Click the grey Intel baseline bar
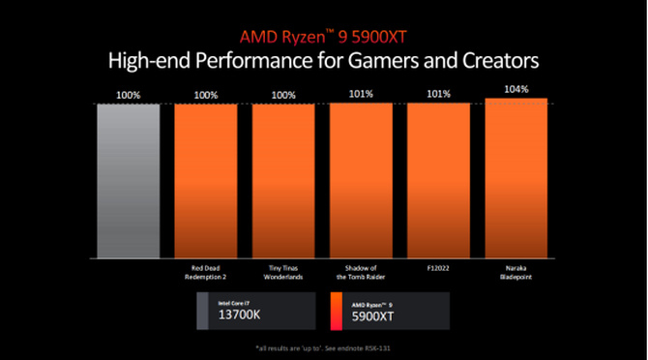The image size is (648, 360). pyautogui.click(x=128, y=180)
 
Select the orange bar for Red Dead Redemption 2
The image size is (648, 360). pyautogui.click(x=205, y=180)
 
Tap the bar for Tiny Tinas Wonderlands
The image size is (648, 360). pyautogui.click(x=283, y=180)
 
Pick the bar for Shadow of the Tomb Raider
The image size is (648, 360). pyautogui.click(x=361, y=180)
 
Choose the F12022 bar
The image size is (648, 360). pyautogui.click(x=438, y=180)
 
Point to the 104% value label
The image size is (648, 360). pyautogui.click(x=516, y=89)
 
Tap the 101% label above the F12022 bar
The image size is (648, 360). pyautogui.click(x=438, y=94)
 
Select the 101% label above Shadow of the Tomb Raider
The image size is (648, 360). pyautogui.click(x=361, y=94)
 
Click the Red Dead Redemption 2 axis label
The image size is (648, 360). pyautogui.click(x=205, y=272)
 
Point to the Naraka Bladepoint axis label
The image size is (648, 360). pyautogui.click(x=515, y=272)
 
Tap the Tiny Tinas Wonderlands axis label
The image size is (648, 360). pyautogui.click(x=283, y=272)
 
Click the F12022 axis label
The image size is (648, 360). pyautogui.click(x=438, y=268)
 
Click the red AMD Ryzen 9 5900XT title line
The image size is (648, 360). pyautogui.click(x=323, y=35)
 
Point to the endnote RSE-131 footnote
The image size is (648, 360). pyautogui.click(x=323, y=347)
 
